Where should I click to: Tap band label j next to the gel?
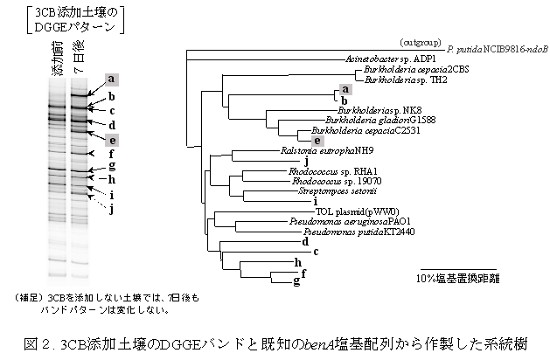point(112,208)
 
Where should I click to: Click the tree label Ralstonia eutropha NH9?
point(316,150)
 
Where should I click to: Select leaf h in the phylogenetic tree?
point(298,262)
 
